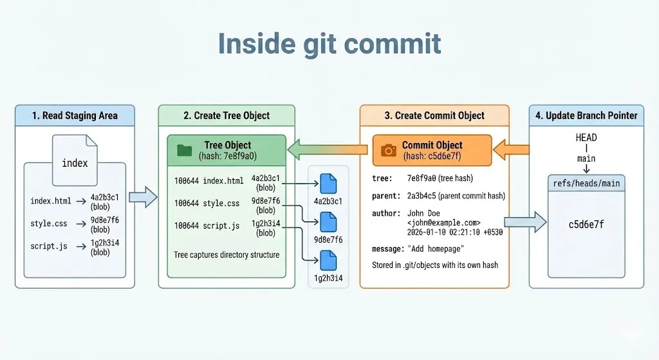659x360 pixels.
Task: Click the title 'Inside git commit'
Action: pos(329,43)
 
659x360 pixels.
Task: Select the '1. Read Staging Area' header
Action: pos(75,116)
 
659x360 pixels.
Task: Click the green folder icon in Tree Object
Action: pos(185,150)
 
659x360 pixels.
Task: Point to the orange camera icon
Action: pos(389,150)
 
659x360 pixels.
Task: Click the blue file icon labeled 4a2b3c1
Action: pos(328,184)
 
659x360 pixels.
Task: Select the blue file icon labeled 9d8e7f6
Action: pos(328,222)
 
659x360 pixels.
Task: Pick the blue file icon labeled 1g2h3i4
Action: pos(328,260)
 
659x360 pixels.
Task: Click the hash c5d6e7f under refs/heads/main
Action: pos(586,225)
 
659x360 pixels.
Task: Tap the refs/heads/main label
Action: pos(586,184)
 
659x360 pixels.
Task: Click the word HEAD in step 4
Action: pos(586,137)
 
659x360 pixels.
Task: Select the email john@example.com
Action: pos(443,222)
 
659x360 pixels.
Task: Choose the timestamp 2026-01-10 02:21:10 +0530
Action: pos(454,232)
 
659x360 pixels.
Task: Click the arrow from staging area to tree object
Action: pos(143,197)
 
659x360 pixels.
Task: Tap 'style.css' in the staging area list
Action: pos(48,224)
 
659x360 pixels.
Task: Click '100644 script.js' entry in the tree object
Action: pos(207,226)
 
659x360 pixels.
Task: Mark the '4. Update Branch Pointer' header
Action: pos(586,116)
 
